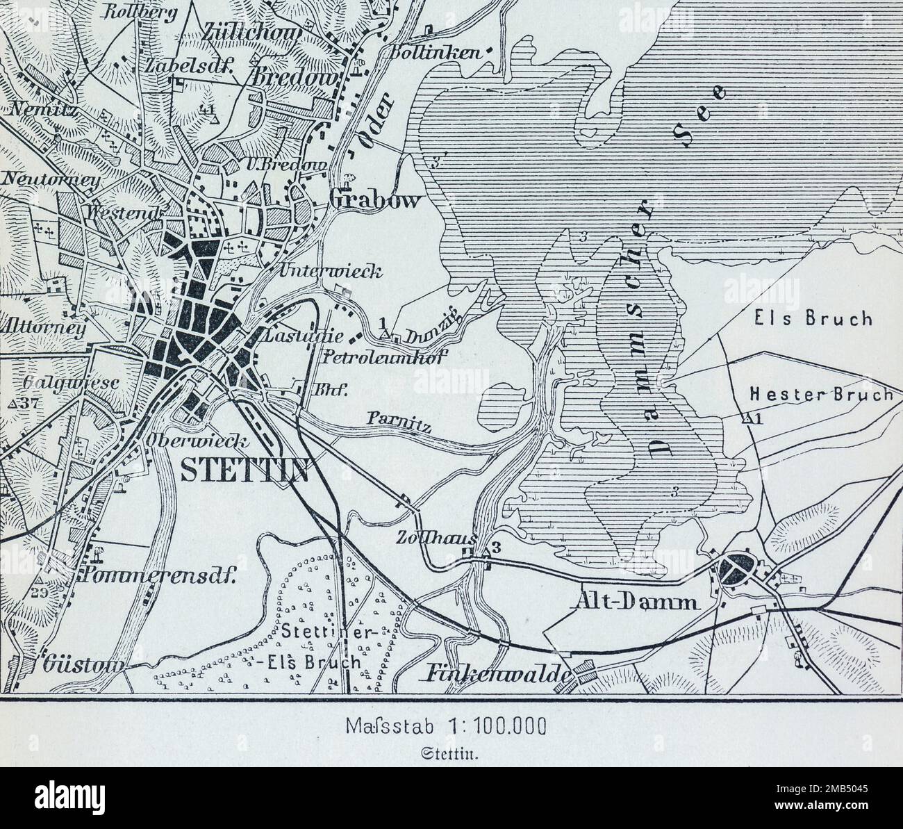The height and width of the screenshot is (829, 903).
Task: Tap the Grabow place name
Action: (x=375, y=201)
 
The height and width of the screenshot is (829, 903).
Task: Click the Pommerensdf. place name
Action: (x=160, y=575)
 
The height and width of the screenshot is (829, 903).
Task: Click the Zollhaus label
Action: (x=426, y=539)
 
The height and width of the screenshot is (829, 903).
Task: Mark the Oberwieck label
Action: (x=192, y=441)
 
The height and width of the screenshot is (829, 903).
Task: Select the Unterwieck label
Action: (x=331, y=272)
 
